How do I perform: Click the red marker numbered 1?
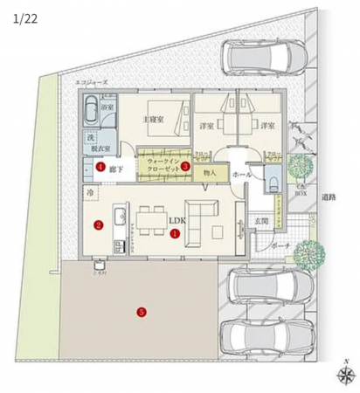(176, 233)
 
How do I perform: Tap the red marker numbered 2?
(99, 224)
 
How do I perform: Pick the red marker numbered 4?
(100, 166)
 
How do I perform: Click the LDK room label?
(178, 222)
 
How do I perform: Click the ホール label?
(243, 175)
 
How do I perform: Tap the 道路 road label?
(329, 198)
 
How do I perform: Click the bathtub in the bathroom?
(91, 113)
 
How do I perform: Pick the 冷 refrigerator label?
(89, 190)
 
